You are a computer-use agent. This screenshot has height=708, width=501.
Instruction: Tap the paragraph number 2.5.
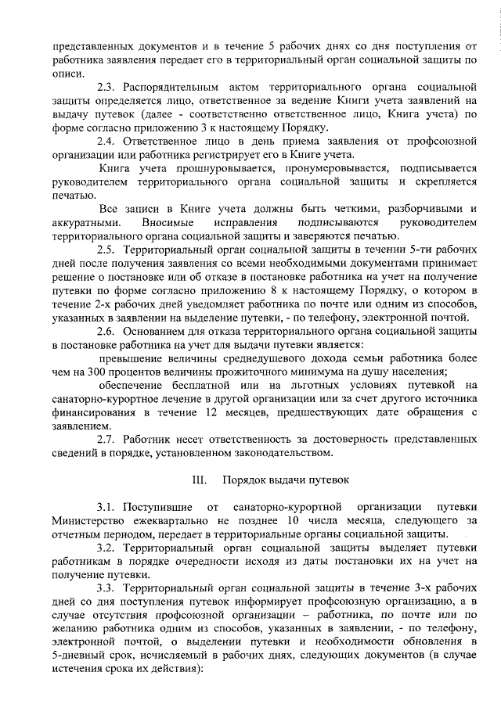[x=106, y=250]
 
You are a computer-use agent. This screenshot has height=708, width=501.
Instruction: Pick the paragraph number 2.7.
[x=106, y=441]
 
